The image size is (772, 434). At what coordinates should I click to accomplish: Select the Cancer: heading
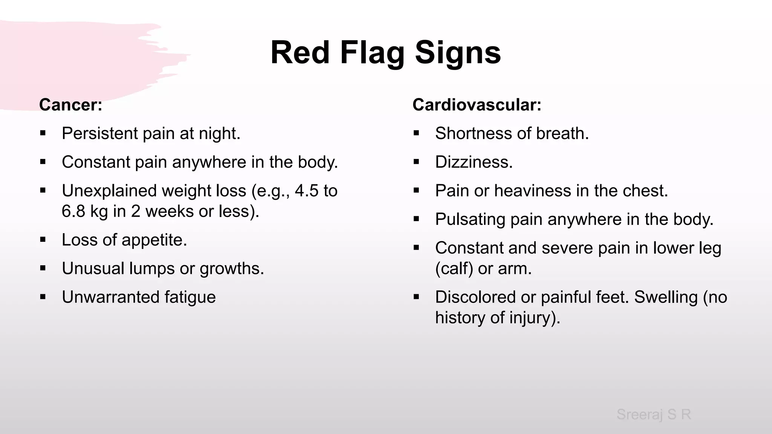tap(70, 105)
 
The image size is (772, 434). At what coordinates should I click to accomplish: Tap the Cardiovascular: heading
tap(477, 105)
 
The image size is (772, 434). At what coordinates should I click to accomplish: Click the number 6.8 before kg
tap(74, 211)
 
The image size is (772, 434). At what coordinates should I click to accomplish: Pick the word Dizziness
tap(474, 162)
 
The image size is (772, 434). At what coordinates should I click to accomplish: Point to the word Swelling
tap(666, 297)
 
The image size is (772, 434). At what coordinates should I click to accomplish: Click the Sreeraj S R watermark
tap(654, 414)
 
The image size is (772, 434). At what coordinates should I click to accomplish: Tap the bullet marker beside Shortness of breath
tap(416, 133)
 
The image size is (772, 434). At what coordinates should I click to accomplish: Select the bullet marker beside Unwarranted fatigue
tap(43, 297)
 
